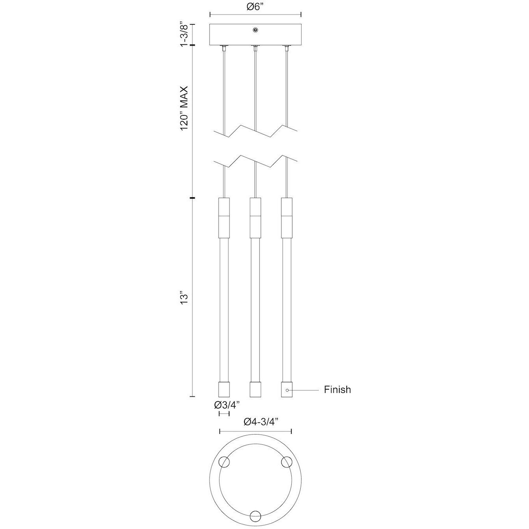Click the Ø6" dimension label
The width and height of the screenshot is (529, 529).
(255, 7)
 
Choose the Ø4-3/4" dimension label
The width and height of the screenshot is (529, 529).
(261, 422)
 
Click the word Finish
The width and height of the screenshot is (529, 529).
(337, 390)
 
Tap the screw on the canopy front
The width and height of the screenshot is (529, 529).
(255, 30)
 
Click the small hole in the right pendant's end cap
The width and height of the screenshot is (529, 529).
(287, 390)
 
